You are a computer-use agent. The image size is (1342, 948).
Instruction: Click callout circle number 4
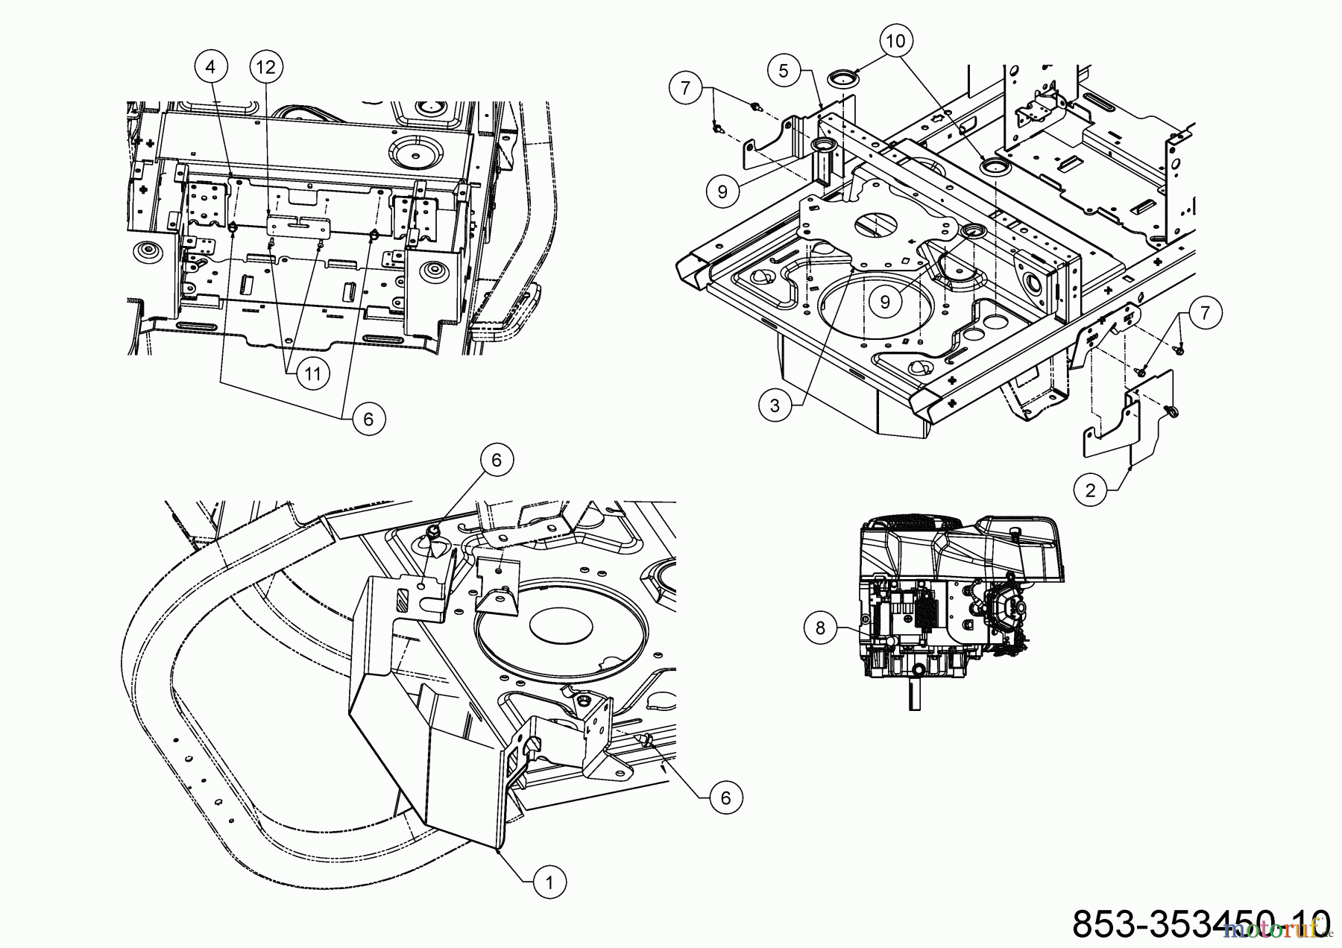coord(210,67)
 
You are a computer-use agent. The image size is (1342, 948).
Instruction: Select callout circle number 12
coord(265,67)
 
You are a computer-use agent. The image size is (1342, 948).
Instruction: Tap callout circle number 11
coord(312,373)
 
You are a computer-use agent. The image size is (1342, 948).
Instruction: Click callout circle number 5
coord(783,71)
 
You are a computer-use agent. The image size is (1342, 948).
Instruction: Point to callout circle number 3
coord(775,405)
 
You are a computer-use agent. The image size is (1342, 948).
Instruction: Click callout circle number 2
coord(1091,490)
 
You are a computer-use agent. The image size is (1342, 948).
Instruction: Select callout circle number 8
coord(821,628)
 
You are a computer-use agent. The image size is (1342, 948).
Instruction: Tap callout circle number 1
coord(549,883)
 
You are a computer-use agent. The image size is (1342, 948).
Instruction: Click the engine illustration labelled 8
coord(962,596)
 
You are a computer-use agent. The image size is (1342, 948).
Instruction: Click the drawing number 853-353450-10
coord(1200,922)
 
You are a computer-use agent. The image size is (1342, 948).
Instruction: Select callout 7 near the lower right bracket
coord(1206,313)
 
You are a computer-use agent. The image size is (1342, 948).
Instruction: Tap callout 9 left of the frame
coord(722,192)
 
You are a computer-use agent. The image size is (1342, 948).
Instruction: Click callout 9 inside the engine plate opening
coord(885,301)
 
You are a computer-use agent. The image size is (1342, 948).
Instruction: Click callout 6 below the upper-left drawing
coord(368,419)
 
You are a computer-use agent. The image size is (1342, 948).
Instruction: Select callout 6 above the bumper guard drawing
coord(497,460)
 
